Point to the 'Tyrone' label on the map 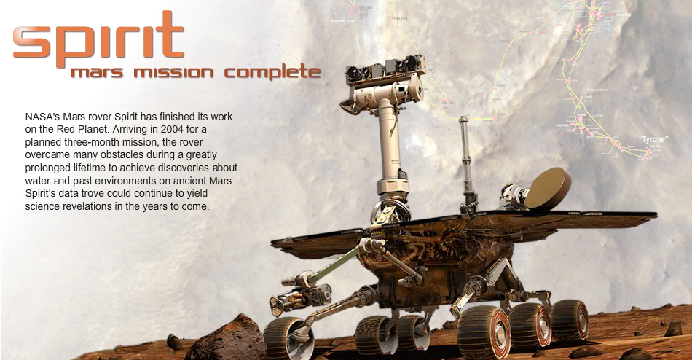[653, 138]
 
